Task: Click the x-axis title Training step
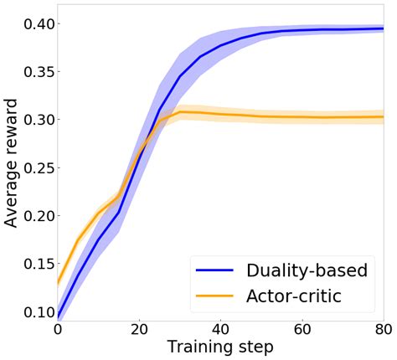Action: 220,347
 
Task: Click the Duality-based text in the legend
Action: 307,270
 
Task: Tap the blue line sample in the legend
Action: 217,270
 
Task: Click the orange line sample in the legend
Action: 217,296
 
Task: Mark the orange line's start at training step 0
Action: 58,283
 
